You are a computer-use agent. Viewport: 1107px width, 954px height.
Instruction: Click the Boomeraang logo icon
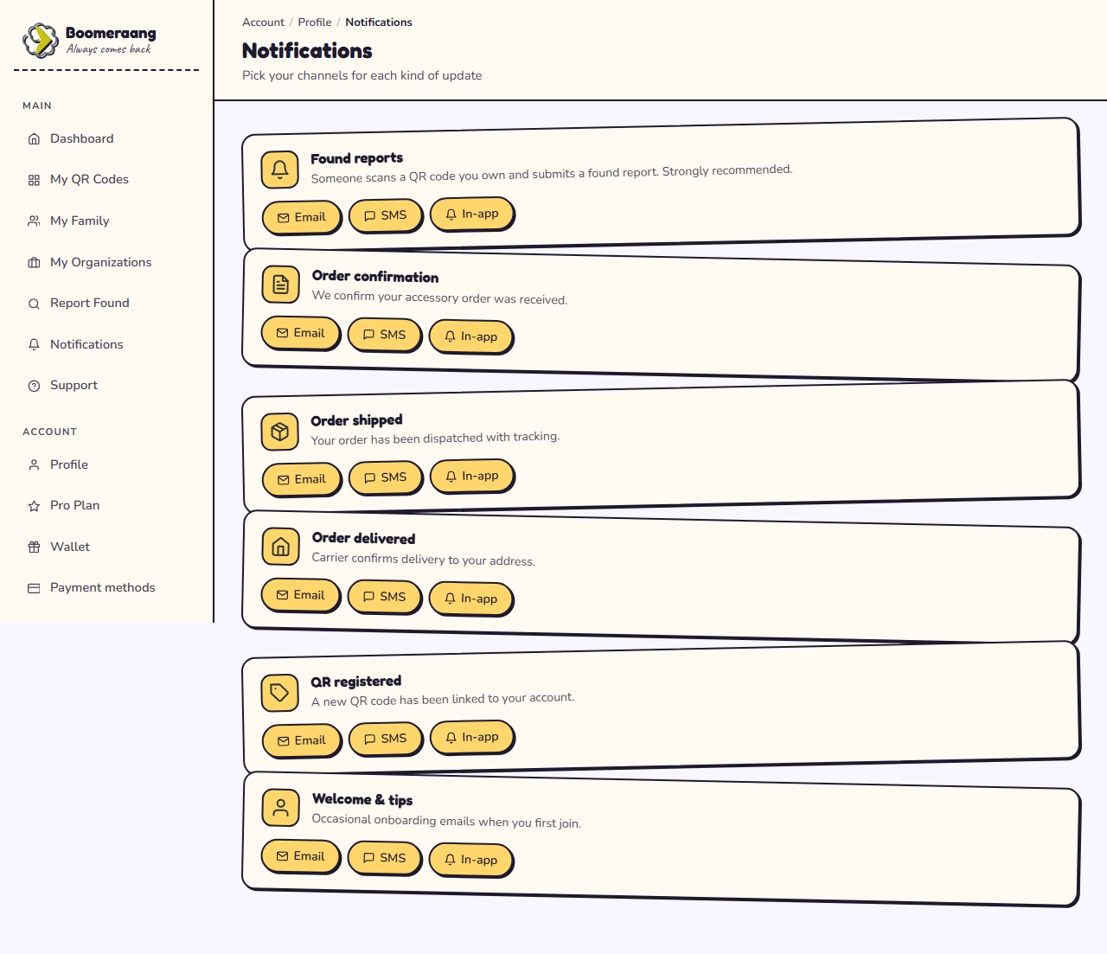click(41, 40)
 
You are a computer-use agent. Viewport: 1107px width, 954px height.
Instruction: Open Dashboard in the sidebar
click(70, 138)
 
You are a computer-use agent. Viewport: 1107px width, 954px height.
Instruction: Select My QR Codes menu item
click(78, 179)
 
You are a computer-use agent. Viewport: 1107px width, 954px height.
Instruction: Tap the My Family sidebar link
click(68, 221)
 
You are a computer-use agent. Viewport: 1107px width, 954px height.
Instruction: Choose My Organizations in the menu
click(89, 262)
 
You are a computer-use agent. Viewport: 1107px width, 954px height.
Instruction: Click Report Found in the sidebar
click(78, 304)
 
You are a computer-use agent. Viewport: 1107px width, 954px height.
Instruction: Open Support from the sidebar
click(62, 386)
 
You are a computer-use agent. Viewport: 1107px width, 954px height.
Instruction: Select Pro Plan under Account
click(63, 506)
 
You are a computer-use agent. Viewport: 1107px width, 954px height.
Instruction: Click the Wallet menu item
click(58, 547)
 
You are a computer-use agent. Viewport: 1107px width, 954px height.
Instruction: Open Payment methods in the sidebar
click(91, 587)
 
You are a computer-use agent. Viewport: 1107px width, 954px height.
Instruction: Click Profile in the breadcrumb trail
click(315, 22)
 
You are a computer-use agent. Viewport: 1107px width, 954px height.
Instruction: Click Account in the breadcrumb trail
click(263, 22)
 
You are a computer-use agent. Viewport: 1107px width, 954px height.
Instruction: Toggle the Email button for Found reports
click(302, 217)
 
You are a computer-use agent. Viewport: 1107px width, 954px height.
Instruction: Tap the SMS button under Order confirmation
click(385, 335)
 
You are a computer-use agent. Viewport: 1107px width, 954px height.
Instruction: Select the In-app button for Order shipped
click(472, 477)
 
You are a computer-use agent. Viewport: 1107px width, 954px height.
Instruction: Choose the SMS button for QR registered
click(386, 740)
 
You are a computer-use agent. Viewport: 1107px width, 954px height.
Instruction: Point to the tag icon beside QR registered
click(279, 693)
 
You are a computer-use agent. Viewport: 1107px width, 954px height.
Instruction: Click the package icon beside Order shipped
click(279, 432)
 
